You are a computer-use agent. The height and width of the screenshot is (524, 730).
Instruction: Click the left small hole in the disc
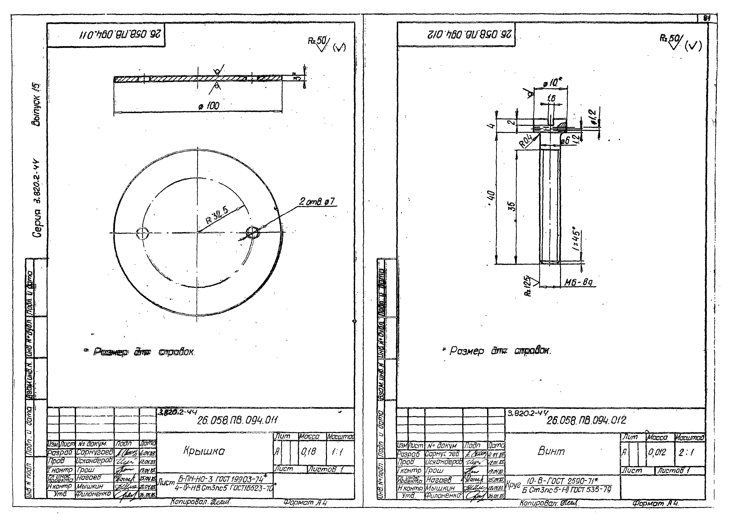pyautogui.click(x=142, y=233)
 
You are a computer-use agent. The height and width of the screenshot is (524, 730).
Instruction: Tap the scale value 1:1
pyautogui.click(x=337, y=452)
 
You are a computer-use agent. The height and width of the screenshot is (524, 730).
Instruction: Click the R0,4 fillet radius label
pyautogui.click(x=527, y=141)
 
